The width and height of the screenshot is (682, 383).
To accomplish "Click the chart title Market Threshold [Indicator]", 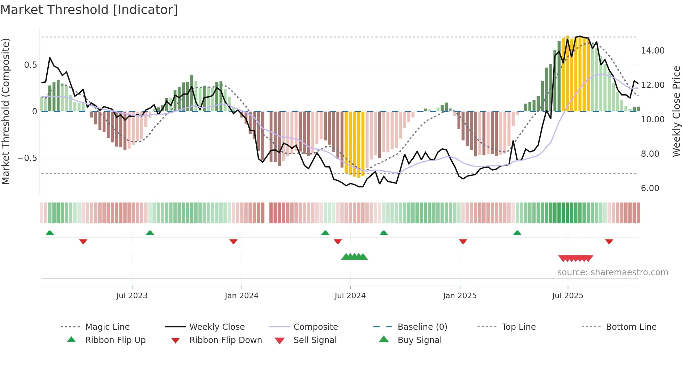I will tap(89, 10).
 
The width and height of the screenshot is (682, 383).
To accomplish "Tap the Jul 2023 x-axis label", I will tap(132, 296).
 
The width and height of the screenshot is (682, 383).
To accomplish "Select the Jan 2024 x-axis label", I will tap(241, 296).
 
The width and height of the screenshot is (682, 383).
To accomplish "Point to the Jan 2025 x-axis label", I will tap(460, 296).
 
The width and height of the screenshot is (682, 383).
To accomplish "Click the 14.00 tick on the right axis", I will tap(652, 51).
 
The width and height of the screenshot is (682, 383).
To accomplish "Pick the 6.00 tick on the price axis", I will tap(650, 188).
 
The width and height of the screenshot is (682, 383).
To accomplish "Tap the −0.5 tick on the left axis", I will tap(27, 158).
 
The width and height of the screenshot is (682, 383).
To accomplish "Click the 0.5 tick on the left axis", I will tap(30, 65).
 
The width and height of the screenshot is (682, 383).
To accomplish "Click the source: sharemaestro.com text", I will tap(612, 272).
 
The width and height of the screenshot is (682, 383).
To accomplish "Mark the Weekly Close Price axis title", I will tap(676, 111).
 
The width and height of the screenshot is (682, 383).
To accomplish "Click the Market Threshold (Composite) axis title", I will tap(6, 111).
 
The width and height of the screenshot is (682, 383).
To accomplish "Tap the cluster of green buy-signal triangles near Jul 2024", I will tap(354, 257).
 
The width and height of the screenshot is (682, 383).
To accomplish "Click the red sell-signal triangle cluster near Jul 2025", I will tap(576, 258).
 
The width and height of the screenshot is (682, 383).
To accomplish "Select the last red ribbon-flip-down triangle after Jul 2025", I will tap(609, 241).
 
